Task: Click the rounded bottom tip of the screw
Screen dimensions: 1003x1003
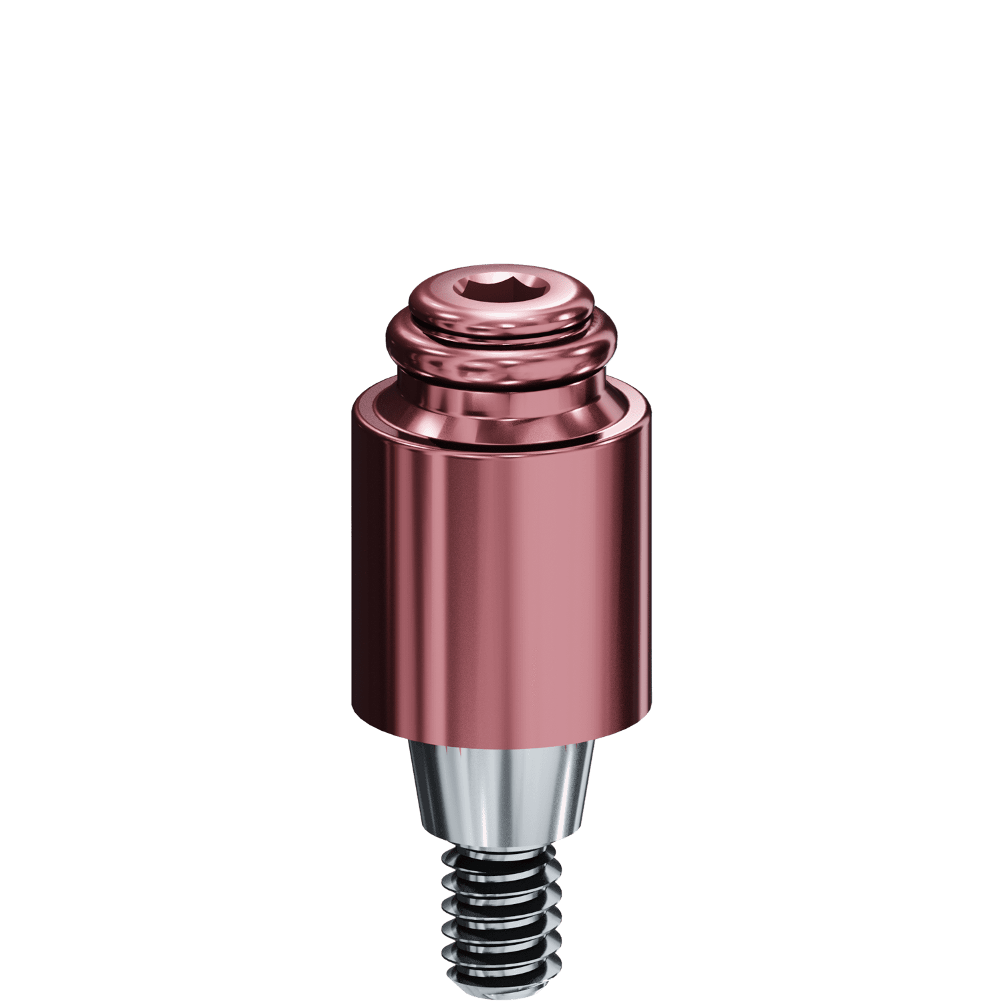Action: (501, 996)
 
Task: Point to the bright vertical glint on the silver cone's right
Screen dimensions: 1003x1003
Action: (568, 789)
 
